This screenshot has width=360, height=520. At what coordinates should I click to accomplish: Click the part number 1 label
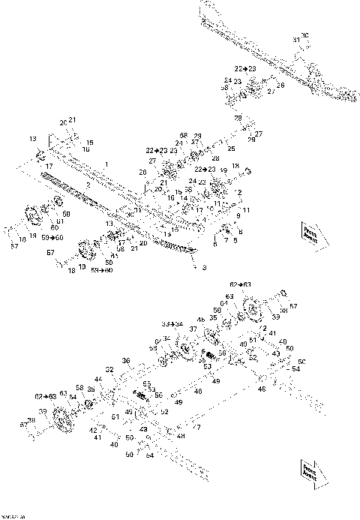tap(106, 164)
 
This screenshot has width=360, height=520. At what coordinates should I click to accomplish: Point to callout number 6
tap(214, 244)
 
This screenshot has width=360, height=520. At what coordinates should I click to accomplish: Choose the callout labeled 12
tap(238, 192)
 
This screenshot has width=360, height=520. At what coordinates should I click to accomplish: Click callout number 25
tap(231, 149)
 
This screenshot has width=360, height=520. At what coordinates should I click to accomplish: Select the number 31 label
tap(295, 39)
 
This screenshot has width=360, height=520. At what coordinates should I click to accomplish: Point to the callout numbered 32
tap(109, 369)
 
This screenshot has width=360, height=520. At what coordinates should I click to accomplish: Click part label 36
tap(126, 361)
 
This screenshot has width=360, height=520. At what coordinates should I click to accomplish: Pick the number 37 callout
tap(193, 329)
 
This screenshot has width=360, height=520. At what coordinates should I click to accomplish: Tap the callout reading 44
tap(98, 380)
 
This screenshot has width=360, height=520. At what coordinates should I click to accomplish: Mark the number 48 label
tap(181, 436)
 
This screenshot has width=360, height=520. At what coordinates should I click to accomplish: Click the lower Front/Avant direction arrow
tap(309, 470)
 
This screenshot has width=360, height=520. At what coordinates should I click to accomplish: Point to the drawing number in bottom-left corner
tap(13, 516)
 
